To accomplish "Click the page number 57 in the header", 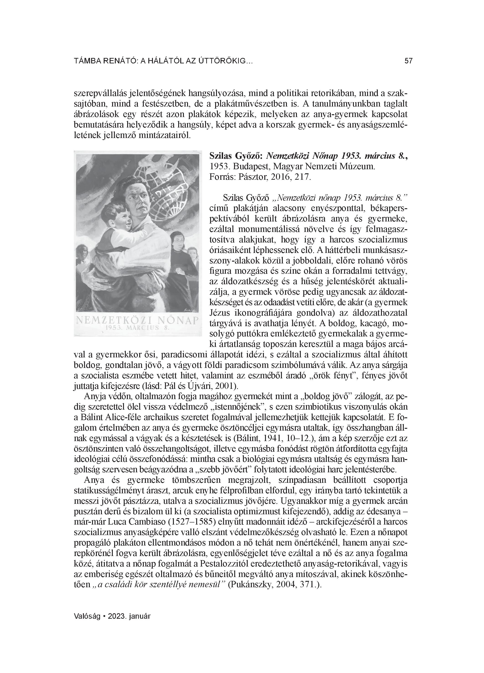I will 408,61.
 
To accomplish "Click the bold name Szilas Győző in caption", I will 236,156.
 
